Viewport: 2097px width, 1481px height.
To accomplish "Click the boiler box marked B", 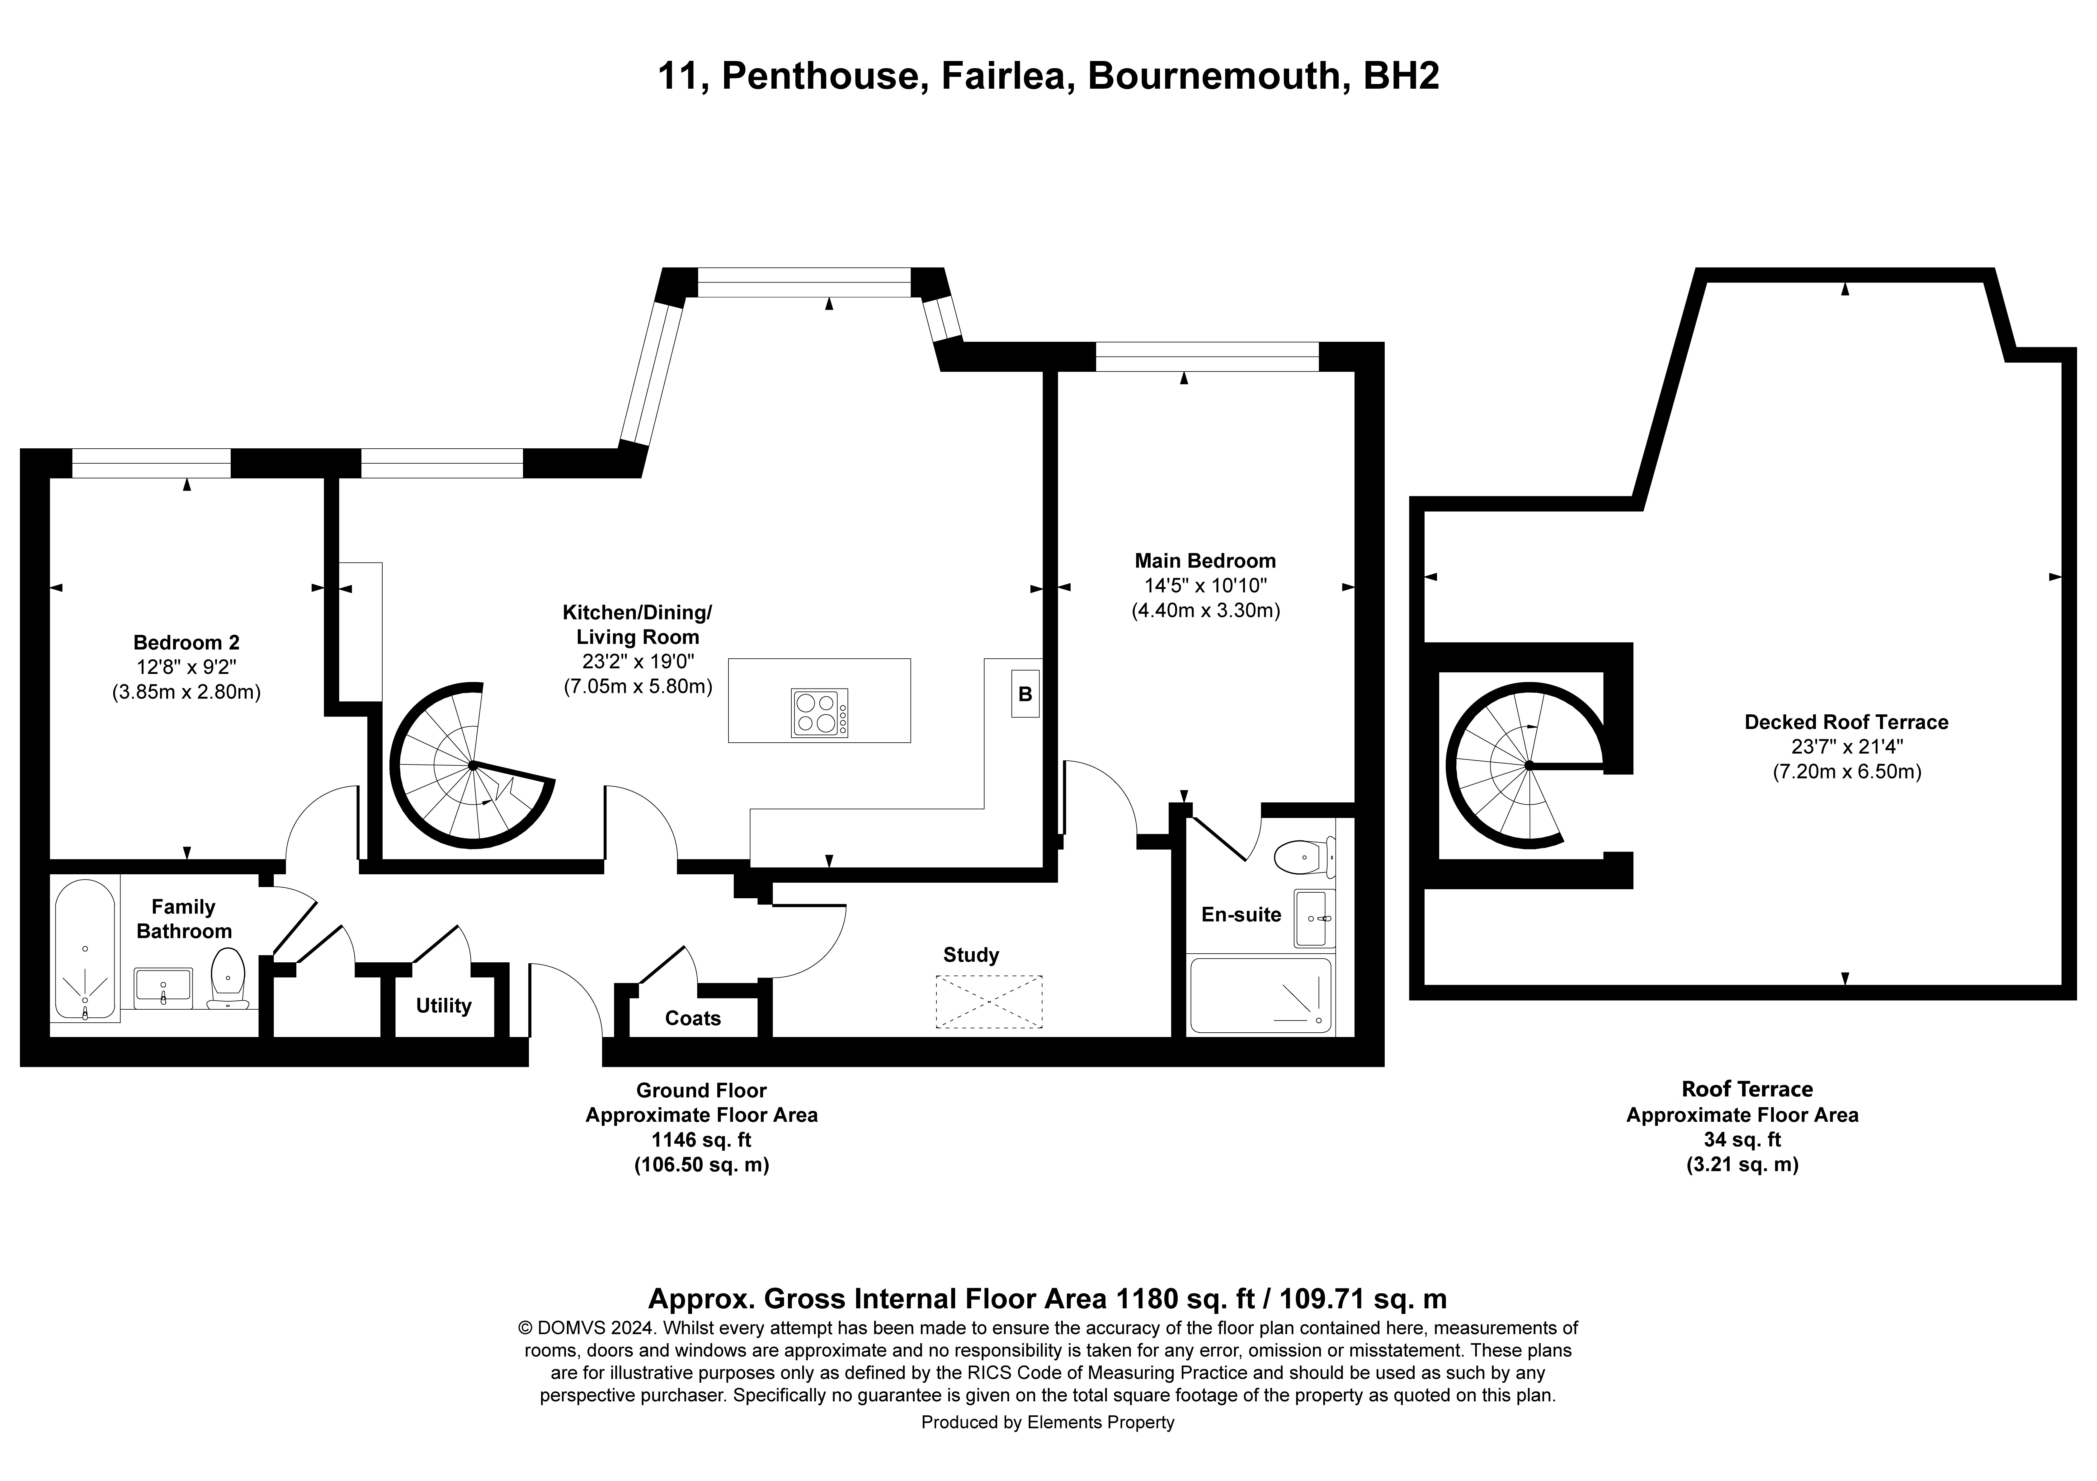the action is point(1025,694).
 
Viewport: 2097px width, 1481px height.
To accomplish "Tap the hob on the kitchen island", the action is point(819,712).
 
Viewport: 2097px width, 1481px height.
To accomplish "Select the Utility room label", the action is point(444,1005).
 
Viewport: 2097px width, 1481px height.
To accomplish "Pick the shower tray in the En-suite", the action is point(1261,995).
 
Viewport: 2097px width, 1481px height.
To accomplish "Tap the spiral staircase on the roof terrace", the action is point(1525,765).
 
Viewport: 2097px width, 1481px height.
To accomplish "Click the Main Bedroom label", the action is point(1205,561).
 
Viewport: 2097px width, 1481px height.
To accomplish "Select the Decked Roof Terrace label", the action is point(1846,722).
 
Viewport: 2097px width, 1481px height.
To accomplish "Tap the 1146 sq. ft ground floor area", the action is point(701,1139).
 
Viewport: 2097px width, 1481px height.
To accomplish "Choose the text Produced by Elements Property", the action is point(1048,1422).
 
